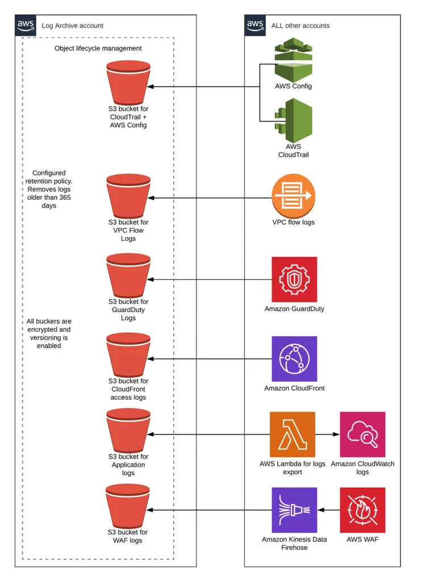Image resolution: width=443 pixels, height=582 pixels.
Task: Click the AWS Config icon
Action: pyautogui.click(x=294, y=60)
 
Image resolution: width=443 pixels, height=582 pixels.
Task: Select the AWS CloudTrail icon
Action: pyautogui.click(x=294, y=120)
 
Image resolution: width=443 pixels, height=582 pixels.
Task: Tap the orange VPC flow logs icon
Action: pyautogui.click(x=294, y=196)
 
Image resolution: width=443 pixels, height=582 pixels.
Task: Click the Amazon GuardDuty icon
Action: pyautogui.click(x=294, y=279)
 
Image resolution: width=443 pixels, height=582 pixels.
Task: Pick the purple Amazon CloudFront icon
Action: pyautogui.click(x=294, y=359)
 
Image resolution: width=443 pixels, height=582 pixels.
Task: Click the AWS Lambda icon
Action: pyautogui.click(x=292, y=434)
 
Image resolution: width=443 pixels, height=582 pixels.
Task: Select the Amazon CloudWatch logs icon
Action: pyautogui.click(x=362, y=434)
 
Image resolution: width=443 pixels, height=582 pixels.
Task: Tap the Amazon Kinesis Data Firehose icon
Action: pyautogui.click(x=294, y=510)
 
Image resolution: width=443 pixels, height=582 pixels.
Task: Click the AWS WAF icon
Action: pyautogui.click(x=362, y=510)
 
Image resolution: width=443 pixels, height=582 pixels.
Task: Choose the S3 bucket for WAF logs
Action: pyautogui.click(x=128, y=506)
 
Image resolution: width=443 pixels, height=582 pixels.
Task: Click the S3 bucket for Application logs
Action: pyautogui.click(x=128, y=431)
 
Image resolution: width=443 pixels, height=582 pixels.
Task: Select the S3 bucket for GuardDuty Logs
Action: pyautogui.click(x=128, y=276)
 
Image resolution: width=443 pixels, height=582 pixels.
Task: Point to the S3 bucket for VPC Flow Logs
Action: pyautogui.click(x=128, y=196)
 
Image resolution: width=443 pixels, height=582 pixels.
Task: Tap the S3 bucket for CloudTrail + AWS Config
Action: pyautogui.click(x=128, y=83)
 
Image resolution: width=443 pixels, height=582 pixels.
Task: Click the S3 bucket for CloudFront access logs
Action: pyautogui.click(x=128, y=355)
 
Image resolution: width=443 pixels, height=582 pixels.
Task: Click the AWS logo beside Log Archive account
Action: pyautogui.click(x=26, y=25)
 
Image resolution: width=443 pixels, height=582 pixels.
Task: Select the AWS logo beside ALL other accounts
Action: pyautogui.click(x=255, y=25)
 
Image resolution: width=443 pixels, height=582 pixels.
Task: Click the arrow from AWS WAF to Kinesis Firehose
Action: pyautogui.click(x=329, y=510)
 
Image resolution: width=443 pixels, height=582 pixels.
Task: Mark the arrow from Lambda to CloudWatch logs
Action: pyautogui.click(x=328, y=434)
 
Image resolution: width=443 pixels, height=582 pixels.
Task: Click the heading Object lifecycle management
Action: pyautogui.click(x=98, y=48)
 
